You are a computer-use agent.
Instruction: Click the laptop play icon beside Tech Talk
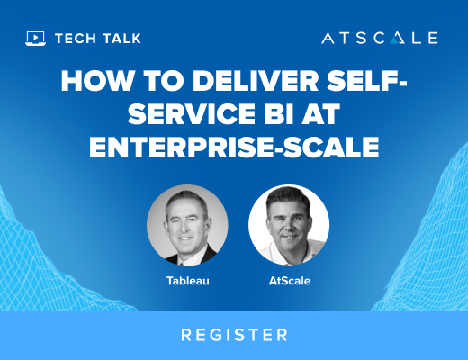click(35, 38)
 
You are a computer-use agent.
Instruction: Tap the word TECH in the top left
click(76, 39)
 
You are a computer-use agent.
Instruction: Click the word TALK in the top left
click(121, 39)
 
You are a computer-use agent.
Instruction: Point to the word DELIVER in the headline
click(256, 81)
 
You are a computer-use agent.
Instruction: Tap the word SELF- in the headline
click(366, 81)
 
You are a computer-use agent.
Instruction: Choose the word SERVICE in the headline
click(192, 114)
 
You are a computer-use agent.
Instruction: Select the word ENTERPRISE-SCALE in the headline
click(234, 147)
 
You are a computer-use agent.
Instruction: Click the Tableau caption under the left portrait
click(188, 281)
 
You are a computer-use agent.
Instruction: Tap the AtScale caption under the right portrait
click(290, 281)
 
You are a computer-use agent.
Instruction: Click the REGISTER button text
click(234, 335)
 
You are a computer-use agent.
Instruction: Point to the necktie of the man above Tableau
click(181, 263)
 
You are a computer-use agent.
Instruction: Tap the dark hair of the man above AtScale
click(288, 196)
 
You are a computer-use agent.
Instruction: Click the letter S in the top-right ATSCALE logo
click(362, 38)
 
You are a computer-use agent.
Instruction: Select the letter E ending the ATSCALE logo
click(433, 38)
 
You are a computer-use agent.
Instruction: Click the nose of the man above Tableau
click(186, 229)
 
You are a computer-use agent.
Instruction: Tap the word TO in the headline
click(163, 81)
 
